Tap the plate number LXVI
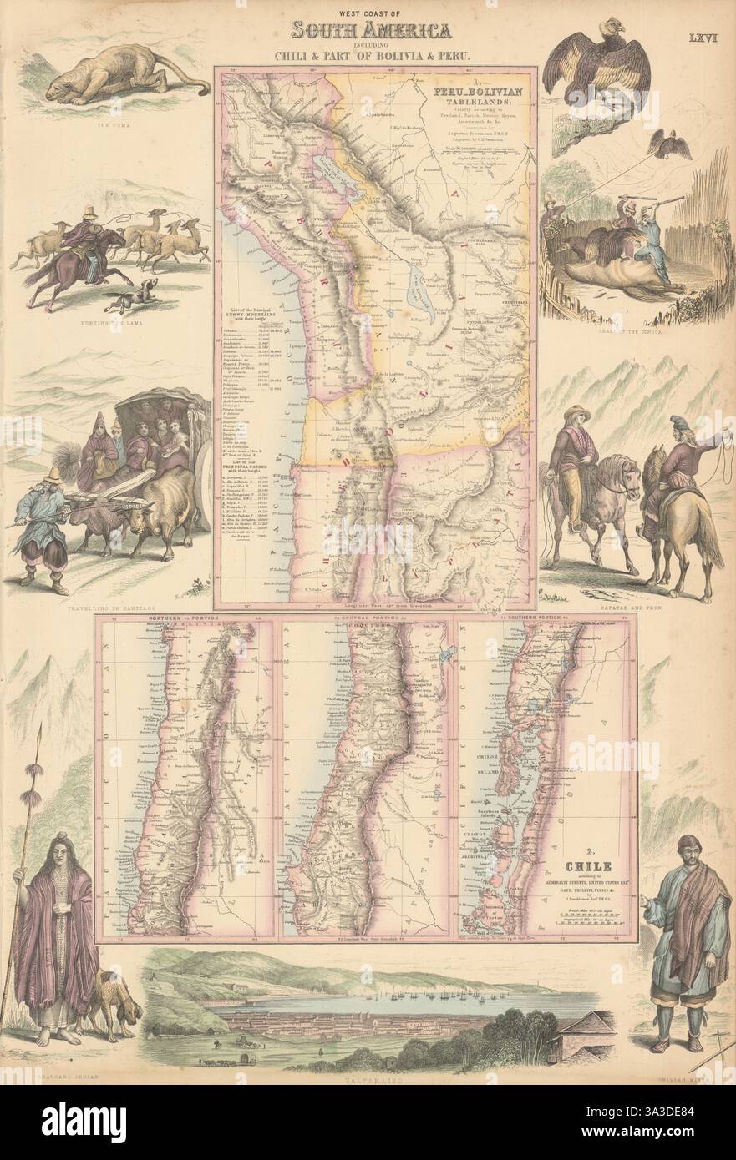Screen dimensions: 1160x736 point(703,38)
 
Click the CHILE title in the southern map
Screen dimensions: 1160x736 point(566,868)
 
